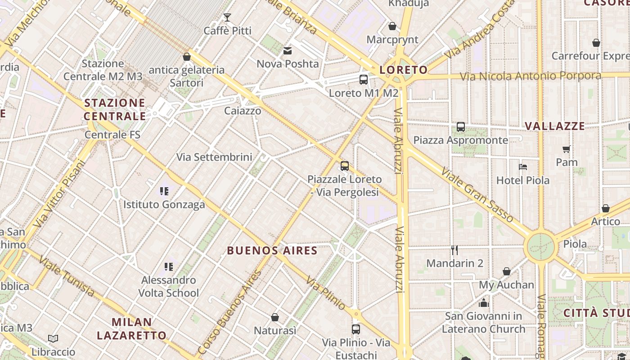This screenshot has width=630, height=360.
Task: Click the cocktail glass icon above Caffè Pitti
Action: point(227,18)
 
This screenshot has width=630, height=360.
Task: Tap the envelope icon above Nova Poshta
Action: point(288,51)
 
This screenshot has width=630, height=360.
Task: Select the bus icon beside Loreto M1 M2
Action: point(364,80)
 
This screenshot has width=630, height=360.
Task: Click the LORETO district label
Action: point(403,70)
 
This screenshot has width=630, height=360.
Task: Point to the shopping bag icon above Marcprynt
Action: point(392,26)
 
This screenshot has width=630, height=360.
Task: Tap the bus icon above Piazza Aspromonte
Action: point(460,127)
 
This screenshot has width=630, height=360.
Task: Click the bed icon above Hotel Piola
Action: point(522,167)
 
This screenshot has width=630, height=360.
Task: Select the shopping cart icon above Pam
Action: point(566,149)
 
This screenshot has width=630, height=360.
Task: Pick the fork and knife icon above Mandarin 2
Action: point(454,250)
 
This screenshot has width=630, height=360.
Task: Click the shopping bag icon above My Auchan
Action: point(506,271)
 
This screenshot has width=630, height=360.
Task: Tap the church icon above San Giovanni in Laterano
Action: point(484,303)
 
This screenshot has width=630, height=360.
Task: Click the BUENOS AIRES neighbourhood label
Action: point(272,251)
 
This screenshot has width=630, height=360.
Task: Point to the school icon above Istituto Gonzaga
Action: point(164,191)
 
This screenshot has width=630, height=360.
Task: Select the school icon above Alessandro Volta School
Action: point(169,267)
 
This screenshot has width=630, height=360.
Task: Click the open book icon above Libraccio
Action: point(53,338)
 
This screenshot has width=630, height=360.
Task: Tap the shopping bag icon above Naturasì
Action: point(275,317)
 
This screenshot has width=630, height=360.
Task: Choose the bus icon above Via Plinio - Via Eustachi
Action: point(356,329)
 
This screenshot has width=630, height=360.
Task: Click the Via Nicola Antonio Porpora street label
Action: point(530,76)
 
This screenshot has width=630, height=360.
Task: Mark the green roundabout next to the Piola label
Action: point(540,246)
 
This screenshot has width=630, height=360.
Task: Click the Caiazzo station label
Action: point(243,111)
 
